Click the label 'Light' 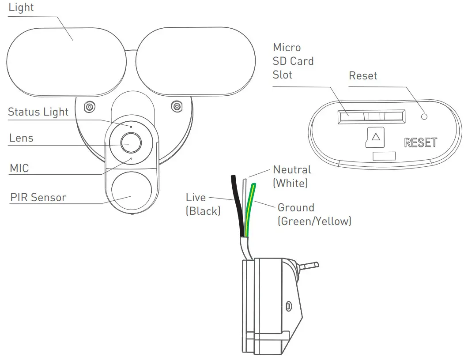click(x=21, y=8)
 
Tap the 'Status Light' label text click(x=38, y=112)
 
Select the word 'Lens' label click(x=21, y=138)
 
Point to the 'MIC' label click(x=19, y=168)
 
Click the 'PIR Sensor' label click(x=38, y=197)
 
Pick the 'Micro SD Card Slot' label click(x=293, y=61)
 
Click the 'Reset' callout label click(x=363, y=76)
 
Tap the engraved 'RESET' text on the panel click(x=420, y=142)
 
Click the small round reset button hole click(x=424, y=116)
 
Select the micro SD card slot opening click(x=371, y=116)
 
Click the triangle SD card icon click(x=375, y=137)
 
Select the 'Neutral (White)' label click(x=292, y=176)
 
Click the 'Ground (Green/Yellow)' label click(x=314, y=214)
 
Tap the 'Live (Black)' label click(x=203, y=204)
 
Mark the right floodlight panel click(x=195, y=62)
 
